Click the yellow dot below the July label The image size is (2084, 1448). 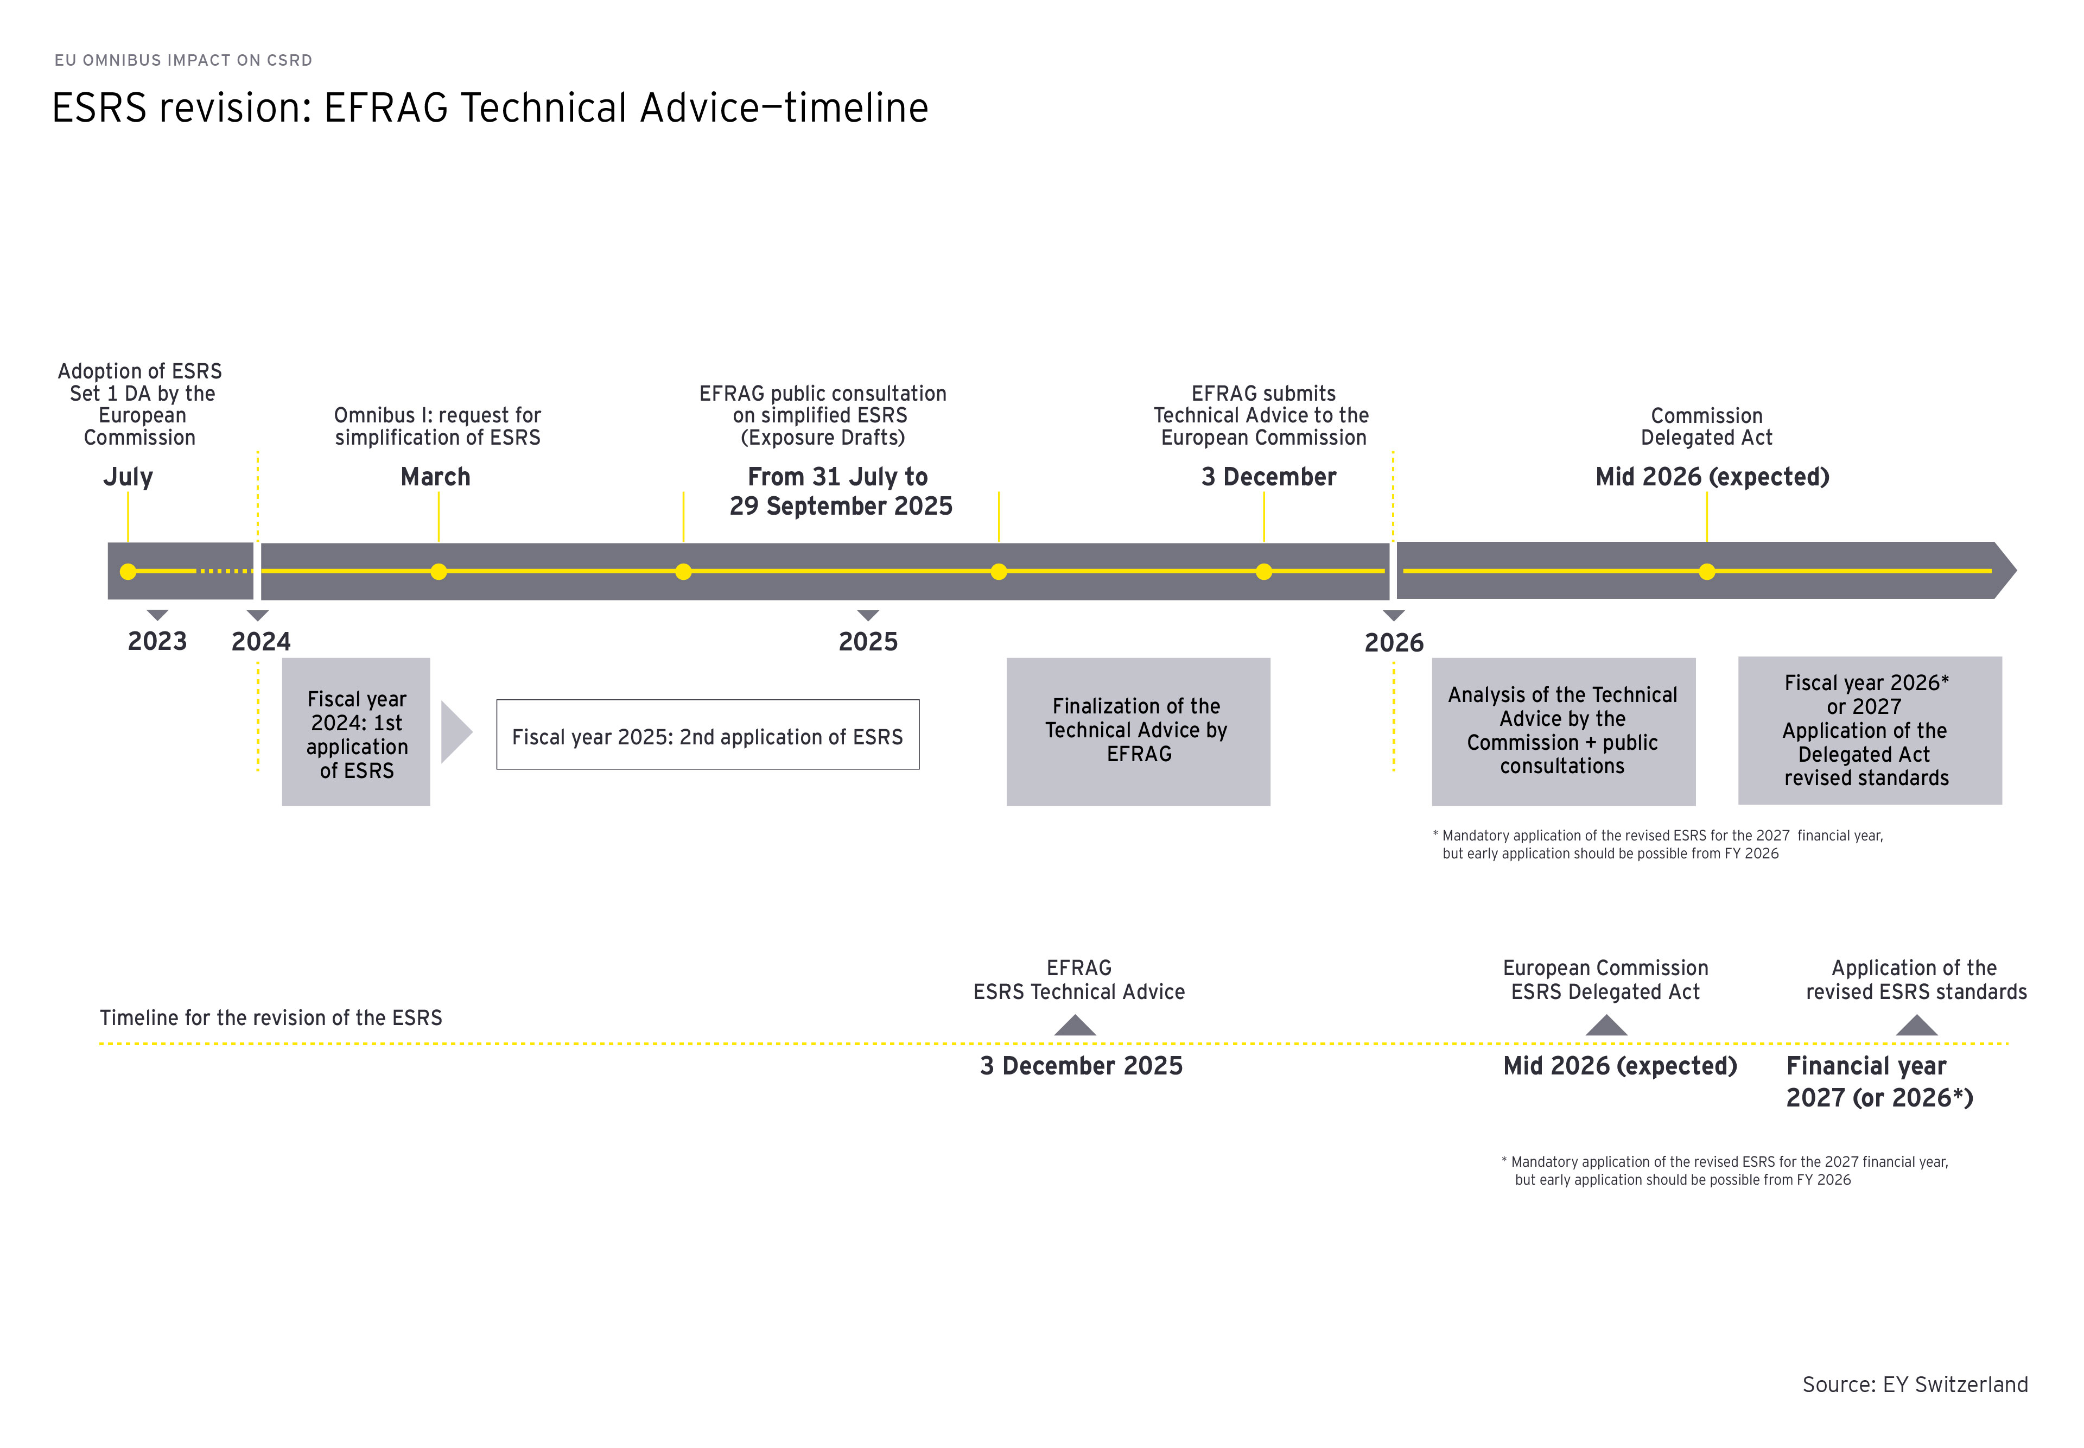[128, 572]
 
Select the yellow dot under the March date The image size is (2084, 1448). [439, 572]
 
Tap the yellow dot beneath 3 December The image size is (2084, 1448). [1263, 572]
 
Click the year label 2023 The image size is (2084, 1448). [157, 641]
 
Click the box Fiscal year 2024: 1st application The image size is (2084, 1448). [357, 732]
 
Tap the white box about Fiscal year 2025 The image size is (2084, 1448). [707, 735]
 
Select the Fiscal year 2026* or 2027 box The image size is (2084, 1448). [1870, 730]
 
